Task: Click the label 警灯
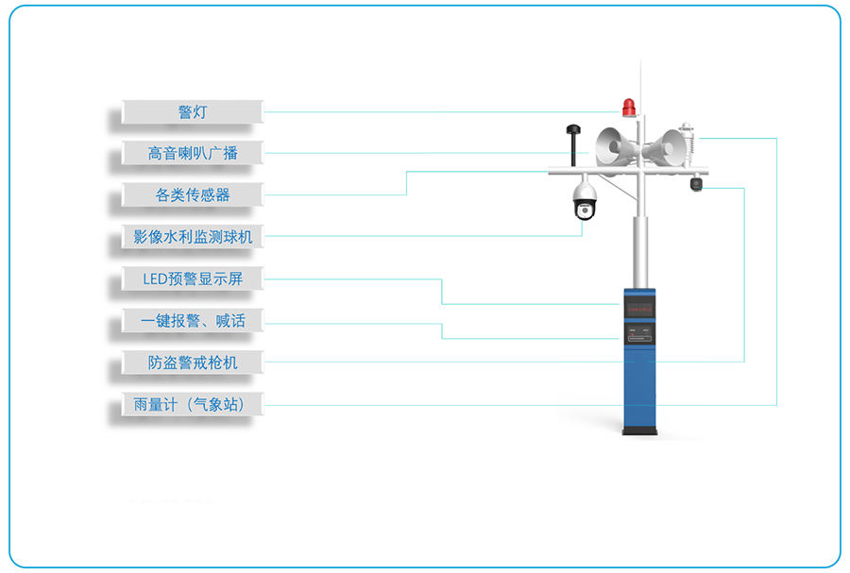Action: pyautogui.click(x=193, y=112)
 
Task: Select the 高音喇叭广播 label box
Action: pyautogui.click(x=193, y=153)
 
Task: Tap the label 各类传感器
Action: pyautogui.click(x=193, y=195)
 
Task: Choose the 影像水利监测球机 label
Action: pyautogui.click(x=193, y=237)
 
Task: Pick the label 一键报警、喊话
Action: pyautogui.click(x=193, y=321)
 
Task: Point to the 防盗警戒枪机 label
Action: pyautogui.click(x=193, y=362)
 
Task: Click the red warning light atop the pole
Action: pyautogui.click(x=629, y=108)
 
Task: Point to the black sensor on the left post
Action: pyautogui.click(x=571, y=142)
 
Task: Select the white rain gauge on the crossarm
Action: pyautogui.click(x=688, y=144)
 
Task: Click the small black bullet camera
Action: pyautogui.click(x=697, y=184)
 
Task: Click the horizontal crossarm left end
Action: pyautogui.click(x=554, y=171)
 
